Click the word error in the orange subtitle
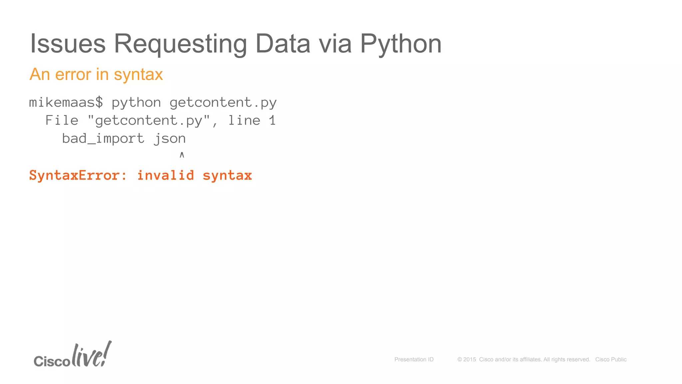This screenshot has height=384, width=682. coord(73,74)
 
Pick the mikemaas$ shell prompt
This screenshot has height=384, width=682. coord(66,102)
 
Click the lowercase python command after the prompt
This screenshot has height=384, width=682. coord(136,103)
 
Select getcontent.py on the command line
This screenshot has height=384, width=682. coord(223,103)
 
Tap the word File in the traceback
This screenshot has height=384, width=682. coord(62,120)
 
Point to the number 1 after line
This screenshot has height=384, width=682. coord(272,120)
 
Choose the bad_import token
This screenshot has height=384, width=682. coord(103,138)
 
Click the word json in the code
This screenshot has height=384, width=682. coord(170,139)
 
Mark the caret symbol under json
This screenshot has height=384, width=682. coord(182,155)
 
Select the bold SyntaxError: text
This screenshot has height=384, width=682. coord(78,175)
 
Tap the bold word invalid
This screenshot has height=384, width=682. coord(166,175)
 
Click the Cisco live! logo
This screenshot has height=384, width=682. coord(73,355)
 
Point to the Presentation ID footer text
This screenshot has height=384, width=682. coord(414,359)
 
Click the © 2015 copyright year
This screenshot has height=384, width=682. coord(467,359)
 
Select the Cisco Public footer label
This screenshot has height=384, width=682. coord(611,359)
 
